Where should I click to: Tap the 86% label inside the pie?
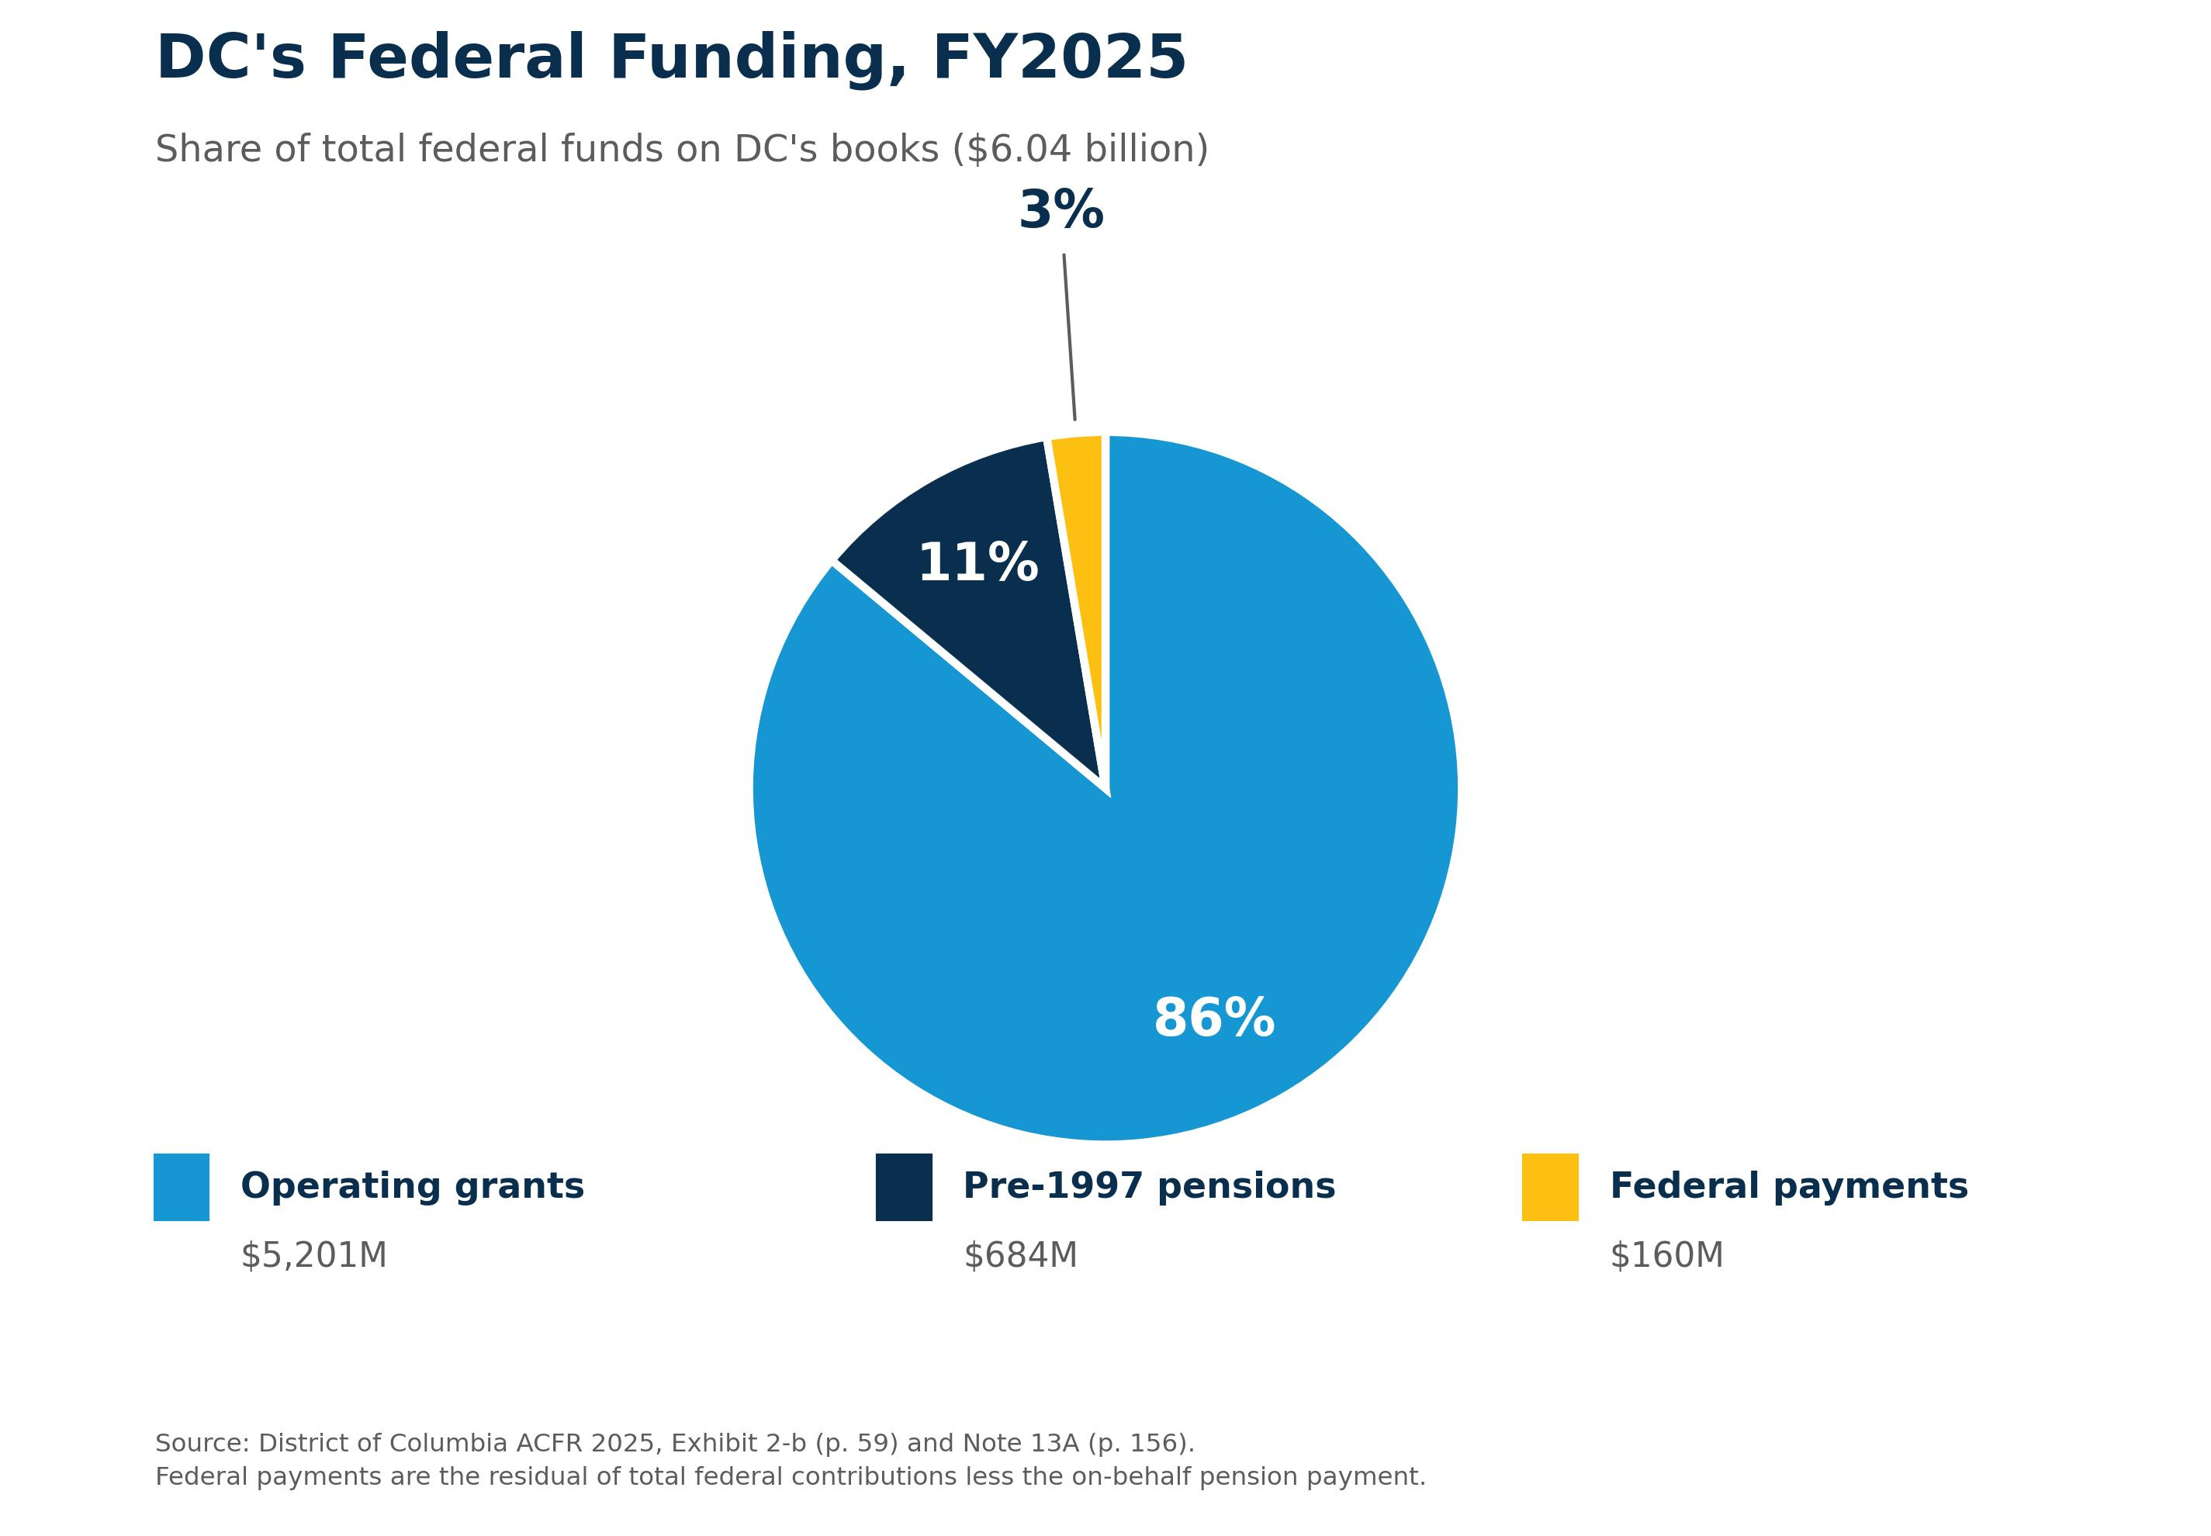click(1214, 1019)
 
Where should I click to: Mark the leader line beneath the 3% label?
click(1069, 337)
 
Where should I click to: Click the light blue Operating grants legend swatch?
click(181, 1188)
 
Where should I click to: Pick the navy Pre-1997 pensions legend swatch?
click(904, 1188)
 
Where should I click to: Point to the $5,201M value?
click(313, 1256)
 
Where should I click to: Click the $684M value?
click(1020, 1256)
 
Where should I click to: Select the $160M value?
click(1667, 1256)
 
